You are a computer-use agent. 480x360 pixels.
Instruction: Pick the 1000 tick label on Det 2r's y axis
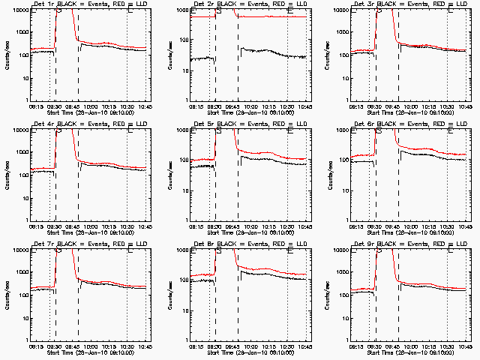[180, 32]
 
